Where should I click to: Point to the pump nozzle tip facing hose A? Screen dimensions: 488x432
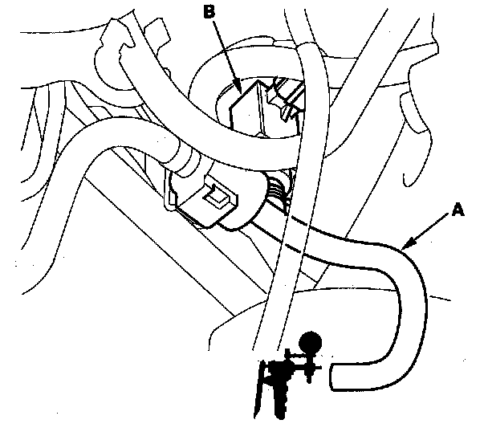pos(319,369)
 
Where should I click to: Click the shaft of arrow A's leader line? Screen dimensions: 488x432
pos(433,227)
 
